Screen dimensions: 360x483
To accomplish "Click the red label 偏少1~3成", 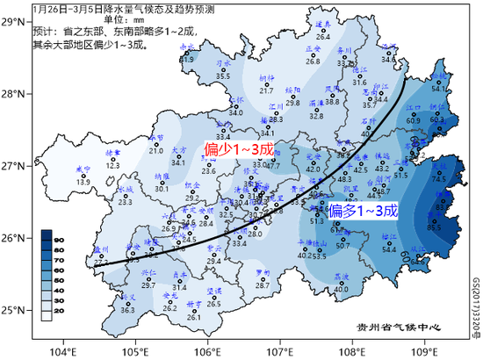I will (x=240, y=150).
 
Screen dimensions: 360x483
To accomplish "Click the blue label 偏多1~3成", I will (x=363, y=211).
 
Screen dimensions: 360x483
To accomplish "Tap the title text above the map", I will (x=124, y=8).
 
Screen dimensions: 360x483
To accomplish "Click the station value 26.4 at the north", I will (x=322, y=37).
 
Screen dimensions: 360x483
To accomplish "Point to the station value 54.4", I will (x=390, y=249).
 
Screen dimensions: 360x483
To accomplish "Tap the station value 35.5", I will (x=223, y=76).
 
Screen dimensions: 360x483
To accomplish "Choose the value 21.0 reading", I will (x=156, y=151).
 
